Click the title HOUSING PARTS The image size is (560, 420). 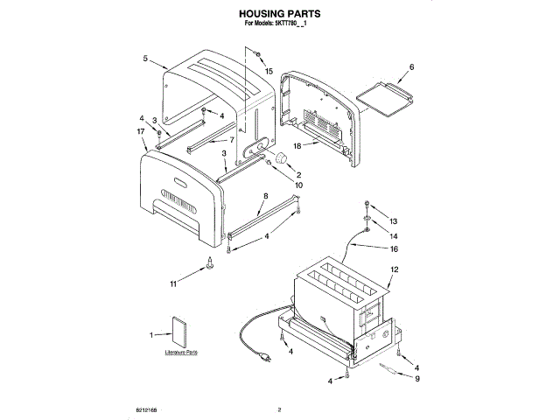click(x=279, y=15)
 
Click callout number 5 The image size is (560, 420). click(x=143, y=59)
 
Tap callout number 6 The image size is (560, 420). click(x=411, y=66)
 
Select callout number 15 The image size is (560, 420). click(x=269, y=71)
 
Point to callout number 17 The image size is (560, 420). click(x=140, y=131)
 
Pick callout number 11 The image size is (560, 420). click(x=173, y=284)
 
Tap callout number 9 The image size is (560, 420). click(x=417, y=379)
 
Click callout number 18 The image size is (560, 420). click(x=297, y=147)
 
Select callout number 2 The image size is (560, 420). click(x=298, y=174)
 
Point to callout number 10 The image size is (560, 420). click(x=298, y=185)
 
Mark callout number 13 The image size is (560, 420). click(x=393, y=221)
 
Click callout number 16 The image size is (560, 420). click(x=393, y=248)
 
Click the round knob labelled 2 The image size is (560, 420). click(x=283, y=157)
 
